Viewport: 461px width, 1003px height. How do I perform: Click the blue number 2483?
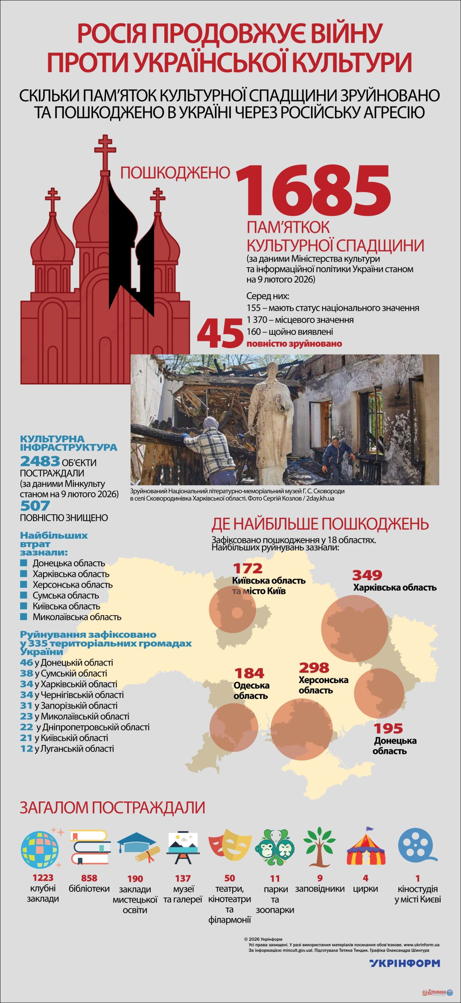40,461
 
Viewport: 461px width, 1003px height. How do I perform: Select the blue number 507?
35,506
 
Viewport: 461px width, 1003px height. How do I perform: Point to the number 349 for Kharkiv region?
367,575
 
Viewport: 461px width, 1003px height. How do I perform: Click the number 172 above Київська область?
248,569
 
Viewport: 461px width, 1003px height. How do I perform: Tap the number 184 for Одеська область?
249,674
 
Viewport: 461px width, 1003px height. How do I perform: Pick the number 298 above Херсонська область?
314,668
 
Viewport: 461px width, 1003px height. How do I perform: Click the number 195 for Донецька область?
388,728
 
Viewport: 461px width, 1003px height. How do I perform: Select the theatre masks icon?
230,845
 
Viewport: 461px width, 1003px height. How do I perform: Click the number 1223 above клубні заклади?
43,878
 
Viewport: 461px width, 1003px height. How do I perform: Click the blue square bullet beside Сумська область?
24,595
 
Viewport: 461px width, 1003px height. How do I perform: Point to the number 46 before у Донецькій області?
26,663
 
